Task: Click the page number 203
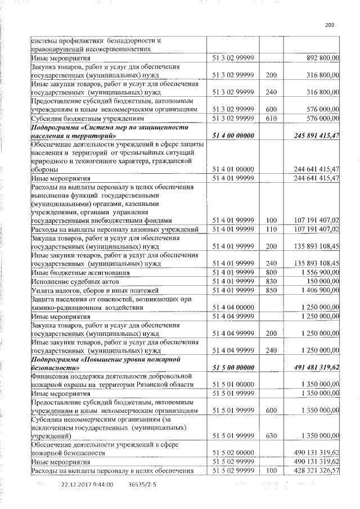330,24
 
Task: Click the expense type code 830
271,281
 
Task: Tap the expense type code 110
271,229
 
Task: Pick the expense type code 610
271,119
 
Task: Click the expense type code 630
271,436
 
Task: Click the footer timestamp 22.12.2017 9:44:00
87,484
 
